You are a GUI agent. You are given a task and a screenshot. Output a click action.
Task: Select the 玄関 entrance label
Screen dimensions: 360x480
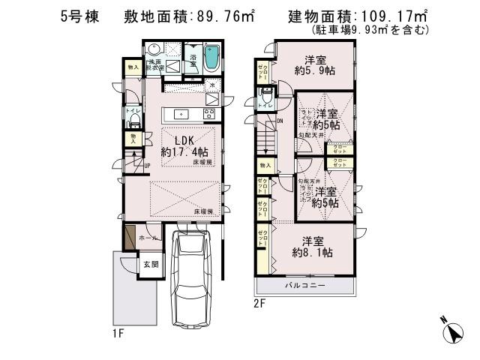(x=151, y=264)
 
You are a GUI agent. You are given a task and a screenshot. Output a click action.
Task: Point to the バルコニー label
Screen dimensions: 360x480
(x=304, y=286)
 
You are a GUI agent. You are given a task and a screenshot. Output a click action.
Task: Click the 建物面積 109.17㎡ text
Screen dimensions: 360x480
(x=357, y=16)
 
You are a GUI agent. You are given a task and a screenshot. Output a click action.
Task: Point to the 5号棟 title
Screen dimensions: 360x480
(x=79, y=16)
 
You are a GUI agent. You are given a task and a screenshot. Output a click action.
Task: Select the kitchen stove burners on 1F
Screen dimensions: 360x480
(x=208, y=114)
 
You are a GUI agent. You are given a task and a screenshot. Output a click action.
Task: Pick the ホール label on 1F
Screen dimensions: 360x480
(x=147, y=237)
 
